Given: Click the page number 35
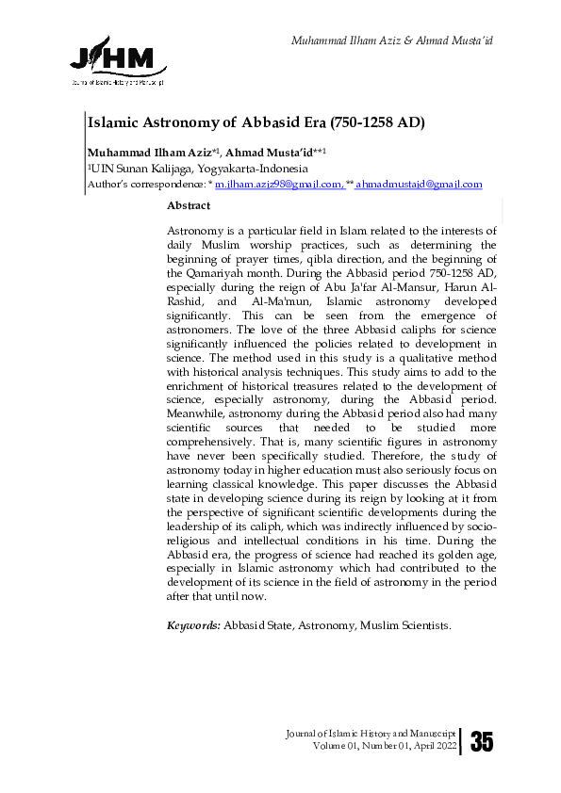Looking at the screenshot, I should [481, 742].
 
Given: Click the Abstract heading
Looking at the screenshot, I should [188, 204].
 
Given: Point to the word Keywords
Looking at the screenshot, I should [193, 624].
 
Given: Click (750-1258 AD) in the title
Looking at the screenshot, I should [373, 121].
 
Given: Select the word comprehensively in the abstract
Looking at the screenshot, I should [218, 457].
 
